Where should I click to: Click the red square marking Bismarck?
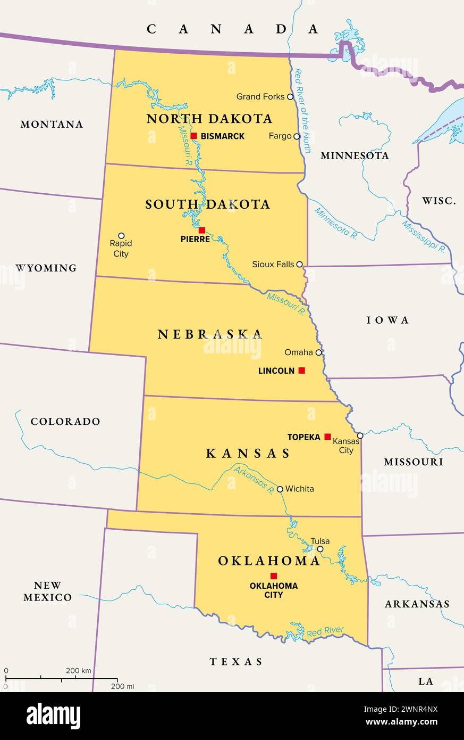pos(194,136)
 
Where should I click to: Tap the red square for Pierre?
pos(201,230)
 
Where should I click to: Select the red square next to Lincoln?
pos(301,370)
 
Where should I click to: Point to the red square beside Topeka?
pos(327,437)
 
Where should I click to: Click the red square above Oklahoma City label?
pos(274,575)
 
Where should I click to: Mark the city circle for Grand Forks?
pos(290,97)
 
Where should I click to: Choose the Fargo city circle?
pos(297,136)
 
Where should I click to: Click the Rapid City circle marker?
pos(121,235)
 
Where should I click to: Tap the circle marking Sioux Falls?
pos(299,264)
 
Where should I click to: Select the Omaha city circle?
pos(319,352)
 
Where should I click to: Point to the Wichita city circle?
pos(280,489)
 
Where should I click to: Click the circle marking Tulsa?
pos(320,549)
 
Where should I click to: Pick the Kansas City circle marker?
pos(360,435)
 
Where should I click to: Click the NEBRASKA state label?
pos(210,334)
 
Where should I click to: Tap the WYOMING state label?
pos(46,268)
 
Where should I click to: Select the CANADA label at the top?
pos(232,29)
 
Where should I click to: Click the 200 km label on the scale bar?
pos(79,670)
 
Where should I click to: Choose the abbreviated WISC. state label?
pos(438,201)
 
